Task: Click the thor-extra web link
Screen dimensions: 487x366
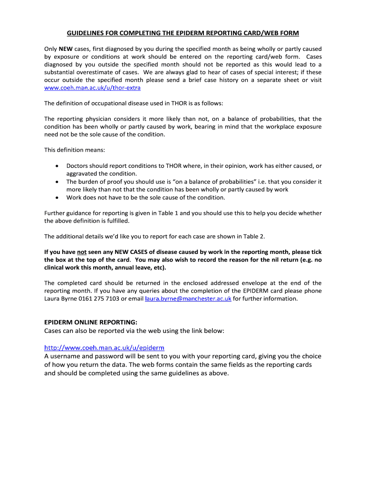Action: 92,88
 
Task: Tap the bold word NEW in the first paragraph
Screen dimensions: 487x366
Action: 66,49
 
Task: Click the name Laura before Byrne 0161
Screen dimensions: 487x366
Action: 53,299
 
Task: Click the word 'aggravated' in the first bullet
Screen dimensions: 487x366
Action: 83,174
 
